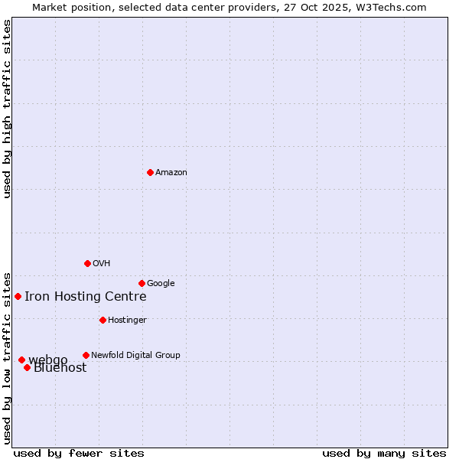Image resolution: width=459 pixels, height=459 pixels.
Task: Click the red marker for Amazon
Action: [150, 172]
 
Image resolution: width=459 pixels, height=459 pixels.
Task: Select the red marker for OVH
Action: [87, 263]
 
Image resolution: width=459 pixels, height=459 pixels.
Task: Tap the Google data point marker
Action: [142, 283]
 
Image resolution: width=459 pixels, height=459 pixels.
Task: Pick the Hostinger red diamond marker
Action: [103, 320]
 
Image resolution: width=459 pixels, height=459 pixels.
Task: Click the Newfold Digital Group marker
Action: [86, 355]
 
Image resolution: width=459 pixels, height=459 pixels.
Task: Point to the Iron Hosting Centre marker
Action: [18, 296]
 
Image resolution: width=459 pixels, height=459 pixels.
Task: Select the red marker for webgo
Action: [21, 360]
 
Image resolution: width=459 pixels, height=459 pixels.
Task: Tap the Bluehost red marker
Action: [27, 367]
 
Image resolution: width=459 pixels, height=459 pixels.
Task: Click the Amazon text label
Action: [171, 173]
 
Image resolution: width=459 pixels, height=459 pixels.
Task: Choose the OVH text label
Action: [102, 264]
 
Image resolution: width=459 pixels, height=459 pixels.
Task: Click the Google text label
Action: [161, 284]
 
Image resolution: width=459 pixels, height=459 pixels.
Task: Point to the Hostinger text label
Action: [127, 321]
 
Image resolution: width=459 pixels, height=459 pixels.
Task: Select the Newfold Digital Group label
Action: [135, 356]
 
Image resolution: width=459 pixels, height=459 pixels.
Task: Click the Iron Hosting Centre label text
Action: [85, 297]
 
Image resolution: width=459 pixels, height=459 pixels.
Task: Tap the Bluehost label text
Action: [60, 368]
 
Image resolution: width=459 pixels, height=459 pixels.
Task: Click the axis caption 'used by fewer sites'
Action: [79, 453]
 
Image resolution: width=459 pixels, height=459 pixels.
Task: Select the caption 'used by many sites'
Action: [384, 453]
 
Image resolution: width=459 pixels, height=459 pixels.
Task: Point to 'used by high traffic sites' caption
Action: [8, 109]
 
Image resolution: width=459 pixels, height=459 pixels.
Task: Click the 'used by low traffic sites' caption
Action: [8, 357]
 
